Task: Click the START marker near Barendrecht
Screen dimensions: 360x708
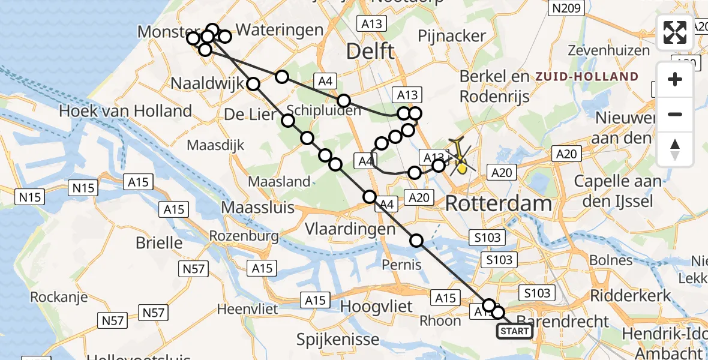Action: [x=514, y=331]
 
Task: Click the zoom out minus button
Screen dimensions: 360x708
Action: [x=675, y=114]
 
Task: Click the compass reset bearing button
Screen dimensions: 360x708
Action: [x=675, y=149]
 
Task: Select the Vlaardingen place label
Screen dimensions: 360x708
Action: [x=350, y=229]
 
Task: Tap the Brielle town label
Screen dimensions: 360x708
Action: [x=160, y=243]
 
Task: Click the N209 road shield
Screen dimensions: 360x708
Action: [x=567, y=8]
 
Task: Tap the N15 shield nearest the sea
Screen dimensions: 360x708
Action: [x=30, y=196]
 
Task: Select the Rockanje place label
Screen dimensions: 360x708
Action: [x=59, y=297]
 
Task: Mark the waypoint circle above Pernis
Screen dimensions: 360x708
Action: [x=416, y=241]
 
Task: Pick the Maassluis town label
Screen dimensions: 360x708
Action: [x=258, y=208]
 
